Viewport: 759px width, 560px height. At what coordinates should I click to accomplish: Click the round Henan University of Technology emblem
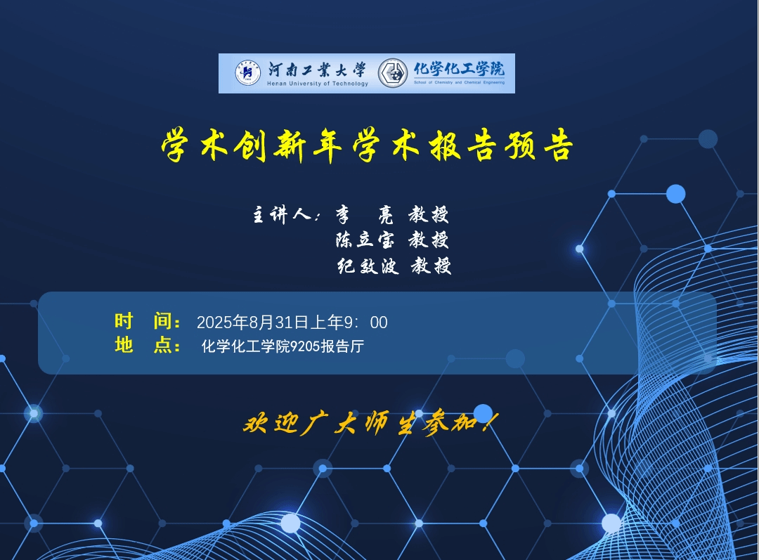(x=248, y=73)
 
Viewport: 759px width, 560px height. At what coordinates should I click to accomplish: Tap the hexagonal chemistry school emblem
(x=393, y=73)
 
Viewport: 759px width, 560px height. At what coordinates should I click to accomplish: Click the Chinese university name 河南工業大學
(x=317, y=70)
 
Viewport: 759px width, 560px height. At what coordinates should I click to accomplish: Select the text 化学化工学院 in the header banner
(x=459, y=69)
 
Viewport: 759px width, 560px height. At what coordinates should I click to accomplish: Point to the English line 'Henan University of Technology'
(x=318, y=83)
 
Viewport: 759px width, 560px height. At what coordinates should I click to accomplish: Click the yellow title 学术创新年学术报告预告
(x=368, y=145)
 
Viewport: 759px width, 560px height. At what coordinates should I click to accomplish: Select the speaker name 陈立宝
(x=365, y=240)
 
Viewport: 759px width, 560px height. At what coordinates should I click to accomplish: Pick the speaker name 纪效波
(x=368, y=266)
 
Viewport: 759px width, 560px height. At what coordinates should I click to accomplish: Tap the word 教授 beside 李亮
(x=429, y=214)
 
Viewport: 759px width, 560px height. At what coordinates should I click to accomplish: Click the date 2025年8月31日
(x=252, y=322)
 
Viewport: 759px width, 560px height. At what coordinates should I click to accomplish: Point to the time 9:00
(x=365, y=323)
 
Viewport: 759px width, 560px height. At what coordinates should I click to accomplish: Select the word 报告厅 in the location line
(x=342, y=346)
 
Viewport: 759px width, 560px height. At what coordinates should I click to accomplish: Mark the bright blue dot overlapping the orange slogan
(x=483, y=413)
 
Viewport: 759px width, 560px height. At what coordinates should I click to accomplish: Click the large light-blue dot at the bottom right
(x=611, y=523)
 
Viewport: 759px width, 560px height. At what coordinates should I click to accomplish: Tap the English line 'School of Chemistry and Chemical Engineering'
(x=459, y=82)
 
